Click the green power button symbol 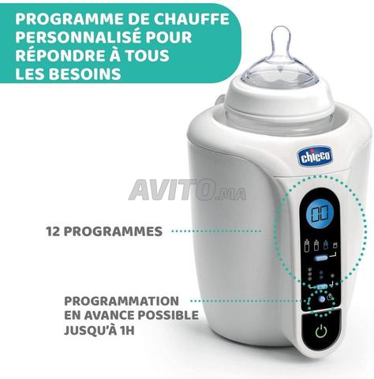click(x=321, y=332)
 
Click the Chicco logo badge click(x=315, y=156)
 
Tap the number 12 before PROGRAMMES click(x=53, y=231)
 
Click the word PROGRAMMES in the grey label click(x=113, y=231)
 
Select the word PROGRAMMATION click(x=122, y=301)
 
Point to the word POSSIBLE click(x=168, y=315)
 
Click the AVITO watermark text click(x=187, y=190)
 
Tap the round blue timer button click(x=321, y=299)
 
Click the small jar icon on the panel click(x=335, y=246)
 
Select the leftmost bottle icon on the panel click(x=307, y=245)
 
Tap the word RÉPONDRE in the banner click(x=60, y=55)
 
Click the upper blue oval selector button click(x=321, y=258)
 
